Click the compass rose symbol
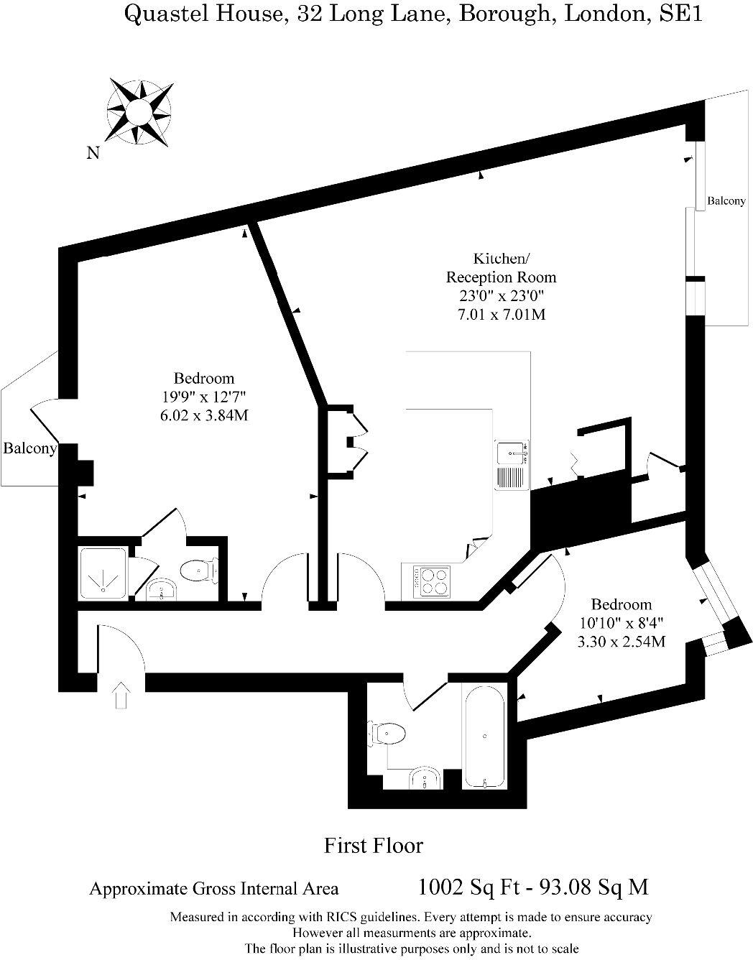coord(139,112)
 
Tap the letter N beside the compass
coord(93,152)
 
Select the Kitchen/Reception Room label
coord(501,267)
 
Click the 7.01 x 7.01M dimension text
coord(501,314)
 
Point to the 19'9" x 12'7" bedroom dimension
coord(204,397)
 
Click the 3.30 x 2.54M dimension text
coord(621,642)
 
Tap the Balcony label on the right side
coord(726,201)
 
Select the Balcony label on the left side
coord(29,448)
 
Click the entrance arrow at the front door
coord(121,695)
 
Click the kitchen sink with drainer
coord(512,465)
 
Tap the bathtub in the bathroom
coord(484,737)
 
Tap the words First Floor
coord(373,845)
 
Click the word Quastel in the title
coord(163,14)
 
